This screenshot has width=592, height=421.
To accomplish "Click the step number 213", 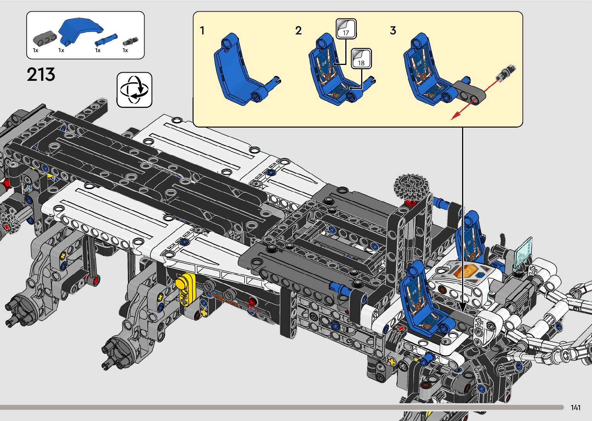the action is [41, 75].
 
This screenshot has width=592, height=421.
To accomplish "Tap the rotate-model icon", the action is [135, 90].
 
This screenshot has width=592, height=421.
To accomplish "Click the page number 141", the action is [576, 407].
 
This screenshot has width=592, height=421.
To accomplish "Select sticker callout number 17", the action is [346, 29].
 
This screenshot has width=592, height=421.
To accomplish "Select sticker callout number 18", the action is [361, 59].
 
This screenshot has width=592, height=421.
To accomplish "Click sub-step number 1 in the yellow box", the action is [203, 31].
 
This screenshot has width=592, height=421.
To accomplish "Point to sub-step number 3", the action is [393, 31].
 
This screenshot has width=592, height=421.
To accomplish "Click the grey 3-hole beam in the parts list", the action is [45, 38].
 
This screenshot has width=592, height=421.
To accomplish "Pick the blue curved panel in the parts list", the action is [80, 31].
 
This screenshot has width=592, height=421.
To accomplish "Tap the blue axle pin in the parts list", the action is [106, 39].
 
